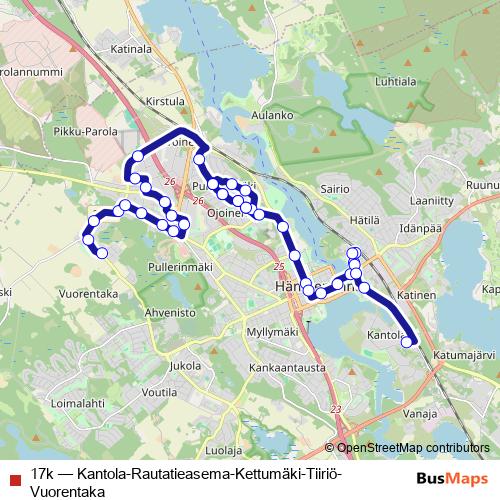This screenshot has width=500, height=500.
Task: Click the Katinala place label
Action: pyautogui.click(x=130, y=47)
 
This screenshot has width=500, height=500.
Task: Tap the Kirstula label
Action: pyautogui.click(x=165, y=101)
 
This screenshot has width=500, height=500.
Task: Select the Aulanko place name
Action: pyautogui.click(x=272, y=115)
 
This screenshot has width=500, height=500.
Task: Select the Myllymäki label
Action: pyautogui.click(x=272, y=331)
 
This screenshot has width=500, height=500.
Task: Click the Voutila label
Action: pyautogui.click(x=159, y=393)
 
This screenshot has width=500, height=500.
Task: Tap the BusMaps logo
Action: pyautogui.click(x=447, y=479)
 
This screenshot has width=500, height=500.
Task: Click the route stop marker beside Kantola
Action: pyautogui.click(x=407, y=342)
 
